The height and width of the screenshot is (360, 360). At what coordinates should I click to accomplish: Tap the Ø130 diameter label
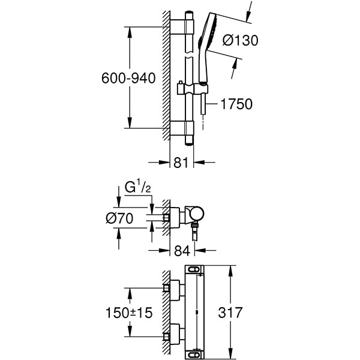(x=240, y=41)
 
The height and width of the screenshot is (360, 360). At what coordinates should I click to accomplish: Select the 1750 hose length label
(x=236, y=104)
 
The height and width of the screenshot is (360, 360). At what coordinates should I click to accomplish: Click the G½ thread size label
(x=137, y=188)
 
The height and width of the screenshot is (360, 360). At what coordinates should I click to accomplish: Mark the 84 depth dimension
(x=181, y=251)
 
